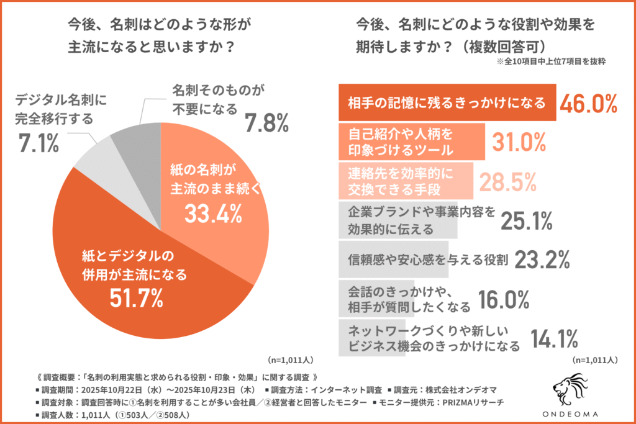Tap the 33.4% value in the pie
coord(212,214)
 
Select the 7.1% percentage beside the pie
coord(38,144)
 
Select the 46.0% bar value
coord(588,103)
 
